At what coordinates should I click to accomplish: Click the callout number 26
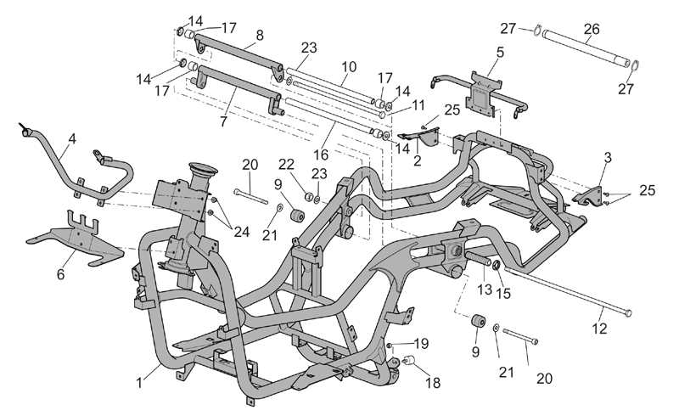pos(591,29)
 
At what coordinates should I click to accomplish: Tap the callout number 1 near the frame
pos(139,384)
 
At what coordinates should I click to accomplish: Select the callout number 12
pos(600,329)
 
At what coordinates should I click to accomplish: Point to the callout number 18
pos(433,383)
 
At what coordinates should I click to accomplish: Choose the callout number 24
pos(242,232)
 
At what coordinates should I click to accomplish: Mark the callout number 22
pos(286,164)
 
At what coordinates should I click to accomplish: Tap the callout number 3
pos(608,158)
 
